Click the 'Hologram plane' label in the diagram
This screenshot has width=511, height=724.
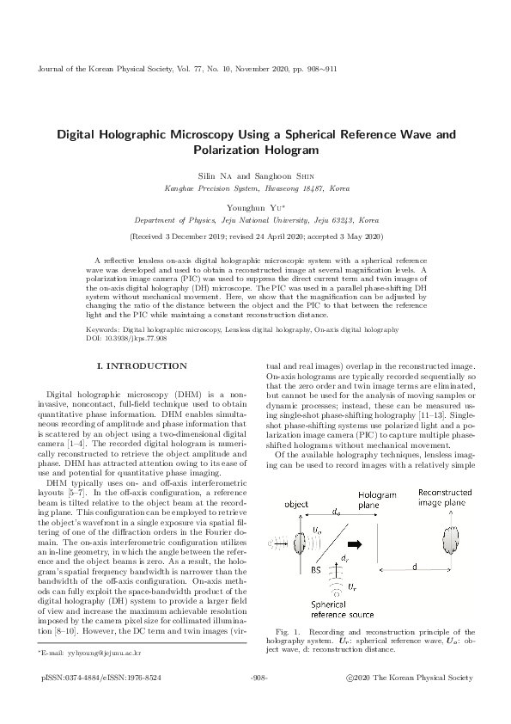click(x=376, y=502)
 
